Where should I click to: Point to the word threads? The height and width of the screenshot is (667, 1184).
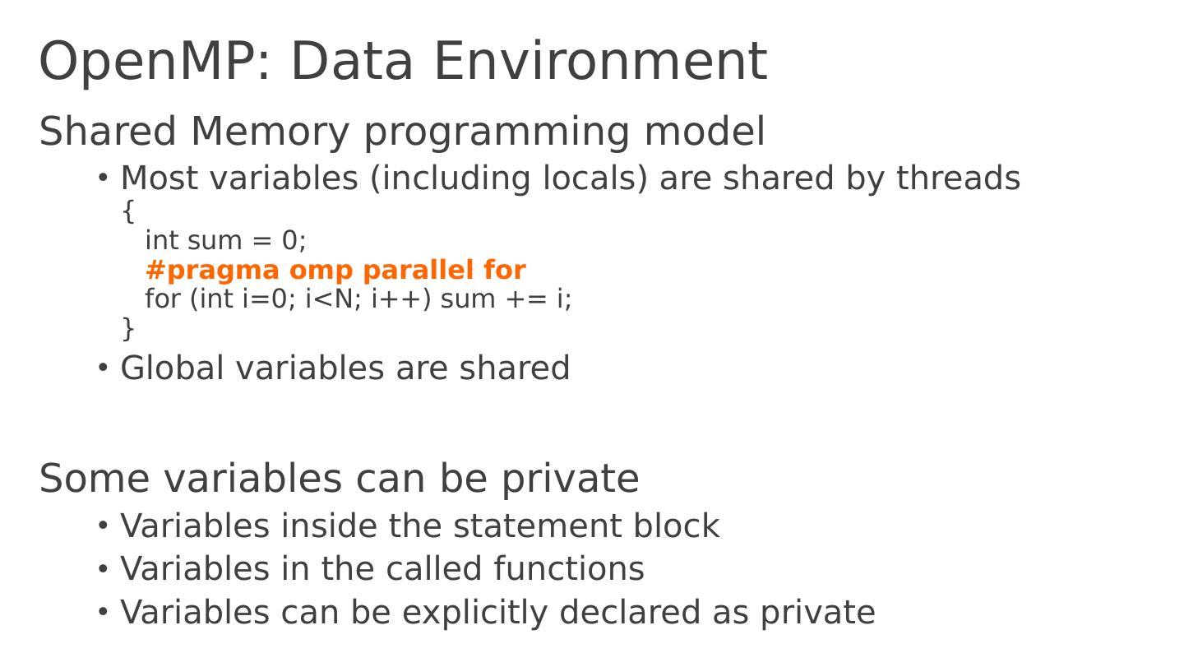[x=958, y=178]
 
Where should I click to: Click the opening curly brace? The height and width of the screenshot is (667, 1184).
[x=127, y=211]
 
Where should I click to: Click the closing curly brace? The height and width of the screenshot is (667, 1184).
[x=127, y=328]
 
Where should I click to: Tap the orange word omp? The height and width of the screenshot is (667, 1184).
[x=324, y=271]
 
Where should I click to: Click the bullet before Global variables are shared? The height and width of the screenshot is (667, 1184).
[x=103, y=368]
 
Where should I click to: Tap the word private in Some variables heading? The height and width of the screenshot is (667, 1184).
[x=570, y=479]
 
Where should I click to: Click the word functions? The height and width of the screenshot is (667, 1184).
[x=569, y=569]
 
